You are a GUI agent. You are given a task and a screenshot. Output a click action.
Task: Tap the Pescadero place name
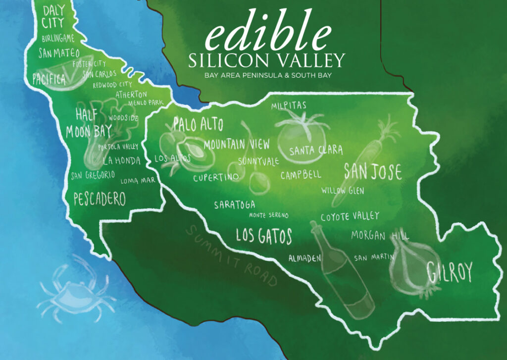pyautogui.click(x=99, y=199)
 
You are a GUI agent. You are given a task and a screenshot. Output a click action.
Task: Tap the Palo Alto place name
pyautogui.click(x=198, y=124)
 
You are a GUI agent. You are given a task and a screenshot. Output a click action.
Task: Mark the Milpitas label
pyautogui.click(x=289, y=105)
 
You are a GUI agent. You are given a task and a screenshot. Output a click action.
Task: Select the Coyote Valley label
pyautogui.click(x=350, y=216)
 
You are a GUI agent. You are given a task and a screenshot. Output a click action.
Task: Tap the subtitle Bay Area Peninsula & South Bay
pyautogui.click(x=267, y=75)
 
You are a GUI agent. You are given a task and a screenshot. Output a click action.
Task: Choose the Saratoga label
pyautogui.click(x=235, y=205)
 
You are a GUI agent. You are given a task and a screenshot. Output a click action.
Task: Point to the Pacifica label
pyautogui.click(x=49, y=79)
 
